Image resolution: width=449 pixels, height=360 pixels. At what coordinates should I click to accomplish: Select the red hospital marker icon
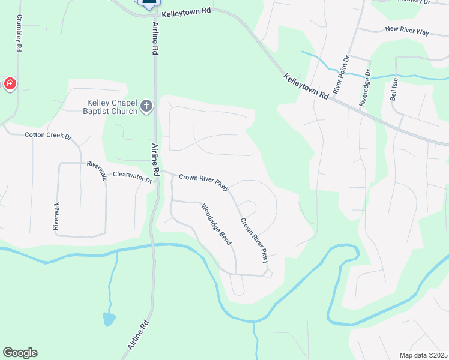(10, 84)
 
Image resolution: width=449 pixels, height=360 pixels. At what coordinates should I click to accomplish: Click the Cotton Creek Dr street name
(48, 136)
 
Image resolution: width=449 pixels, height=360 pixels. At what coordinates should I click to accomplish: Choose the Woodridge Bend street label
(216, 224)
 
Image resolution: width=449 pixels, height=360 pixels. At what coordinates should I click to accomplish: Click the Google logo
(20, 353)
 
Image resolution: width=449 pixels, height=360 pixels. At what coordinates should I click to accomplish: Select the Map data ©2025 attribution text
(424, 355)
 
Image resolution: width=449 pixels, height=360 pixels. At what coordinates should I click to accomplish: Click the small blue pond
(109, 319)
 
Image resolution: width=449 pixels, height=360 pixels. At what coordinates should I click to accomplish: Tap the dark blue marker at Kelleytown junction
(148, 3)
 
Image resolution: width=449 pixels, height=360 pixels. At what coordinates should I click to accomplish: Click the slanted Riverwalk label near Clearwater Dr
(97, 170)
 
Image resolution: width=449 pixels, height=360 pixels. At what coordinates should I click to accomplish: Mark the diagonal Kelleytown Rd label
(306, 88)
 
